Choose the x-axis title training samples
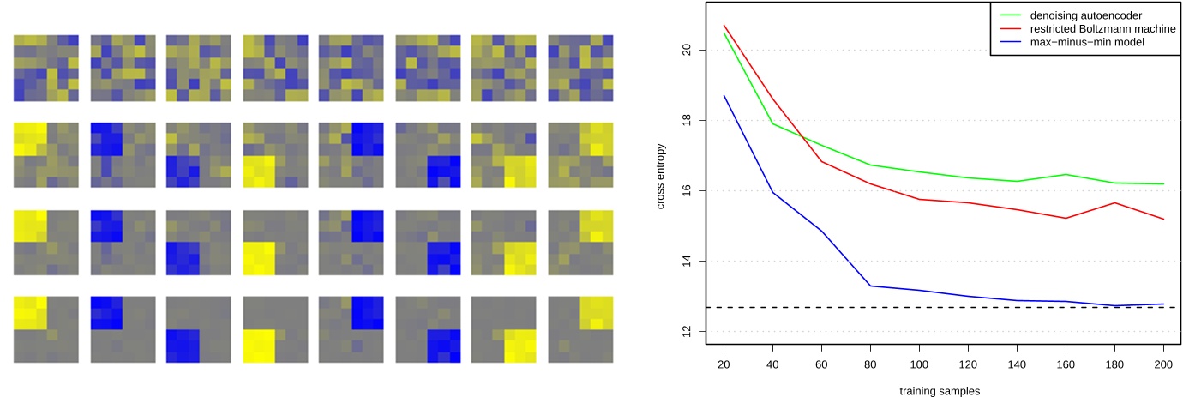click(x=940, y=391)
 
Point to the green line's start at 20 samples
click(x=724, y=33)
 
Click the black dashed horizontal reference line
click(x=943, y=307)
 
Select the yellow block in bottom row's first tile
click(x=30, y=312)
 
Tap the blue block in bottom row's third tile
click(x=183, y=346)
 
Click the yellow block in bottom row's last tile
click(x=597, y=313)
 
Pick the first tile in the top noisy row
click(x=45, y=68)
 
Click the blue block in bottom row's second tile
click(x=107, y=312)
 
